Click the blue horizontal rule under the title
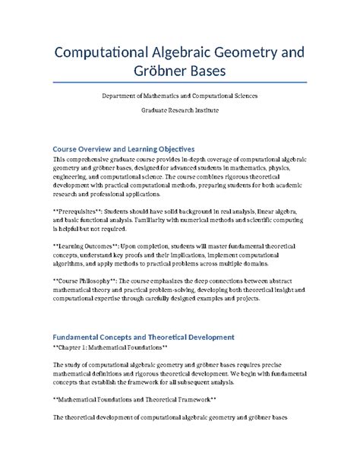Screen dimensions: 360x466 click(179, 83)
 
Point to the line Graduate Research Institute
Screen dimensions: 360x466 click(179, 111)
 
